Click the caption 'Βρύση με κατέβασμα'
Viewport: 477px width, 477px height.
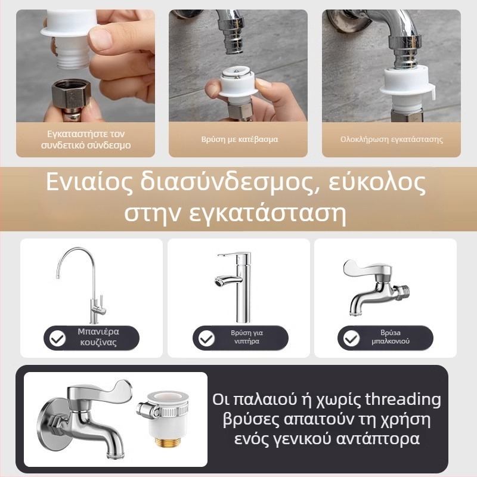pyautogui.click(x=239, y=140)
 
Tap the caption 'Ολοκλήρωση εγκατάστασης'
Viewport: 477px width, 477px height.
pyautogui.click(x=391, y=140)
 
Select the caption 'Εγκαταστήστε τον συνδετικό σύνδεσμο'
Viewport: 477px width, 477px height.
pyautogui.click(x=86, y=140)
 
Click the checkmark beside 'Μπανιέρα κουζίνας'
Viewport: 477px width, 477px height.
pyautogui.click(x=58, y=339)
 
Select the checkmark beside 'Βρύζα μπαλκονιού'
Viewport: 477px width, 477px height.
pyautogui.click(x=352, y=339)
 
